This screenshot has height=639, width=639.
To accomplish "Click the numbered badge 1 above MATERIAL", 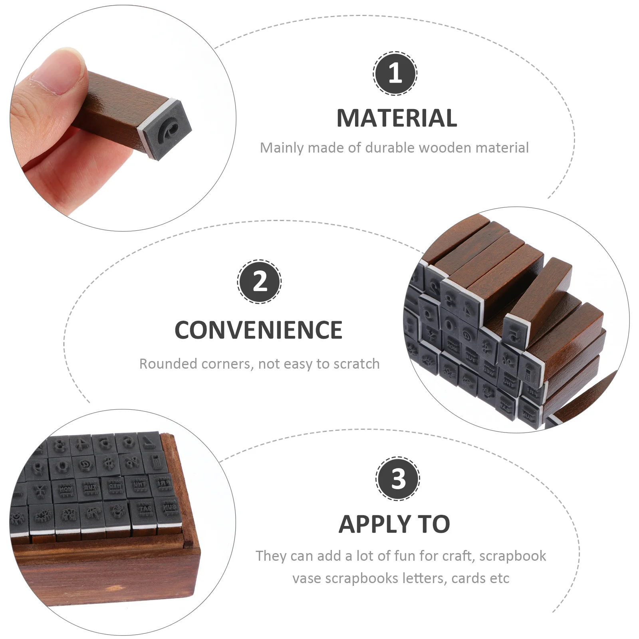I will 395,73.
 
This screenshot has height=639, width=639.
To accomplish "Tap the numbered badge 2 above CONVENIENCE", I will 260,282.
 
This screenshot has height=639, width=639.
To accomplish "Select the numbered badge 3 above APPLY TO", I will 398,478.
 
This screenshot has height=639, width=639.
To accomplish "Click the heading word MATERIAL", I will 397,118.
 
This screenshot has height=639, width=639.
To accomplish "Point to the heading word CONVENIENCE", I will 258,330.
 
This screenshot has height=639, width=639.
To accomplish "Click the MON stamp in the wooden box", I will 65,490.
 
